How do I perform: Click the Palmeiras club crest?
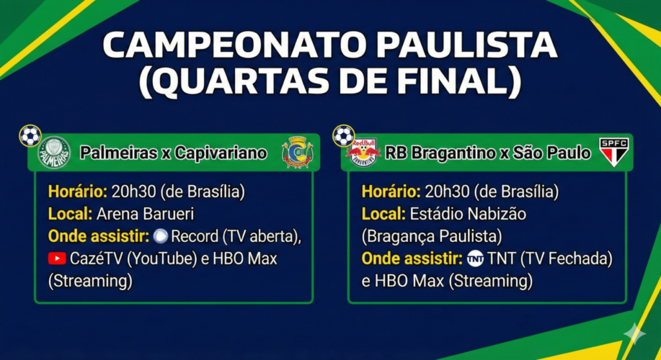tap(54, 153)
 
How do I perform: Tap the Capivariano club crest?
tap(298, 152)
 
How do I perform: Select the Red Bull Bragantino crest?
tap(363, 153)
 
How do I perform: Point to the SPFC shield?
tap(615, 152)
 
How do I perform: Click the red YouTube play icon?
tap(57, 259)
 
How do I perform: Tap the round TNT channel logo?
tap(475, 259)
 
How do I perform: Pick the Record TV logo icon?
tap(160, 236)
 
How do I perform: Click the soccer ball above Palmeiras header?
tap(30, 135)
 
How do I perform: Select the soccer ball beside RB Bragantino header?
tap(343, 135)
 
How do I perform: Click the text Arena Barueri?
tap(145, 214)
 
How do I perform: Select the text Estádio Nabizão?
tap(468, 214)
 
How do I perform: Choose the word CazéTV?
tap(96, 259)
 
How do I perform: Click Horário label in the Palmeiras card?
tap(78, 192)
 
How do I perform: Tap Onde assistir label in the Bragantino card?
tap(412, 259)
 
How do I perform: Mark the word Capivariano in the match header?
tap(221, 153)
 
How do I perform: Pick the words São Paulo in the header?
tap(552, 153)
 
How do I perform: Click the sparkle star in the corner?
tap(635, 334)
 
